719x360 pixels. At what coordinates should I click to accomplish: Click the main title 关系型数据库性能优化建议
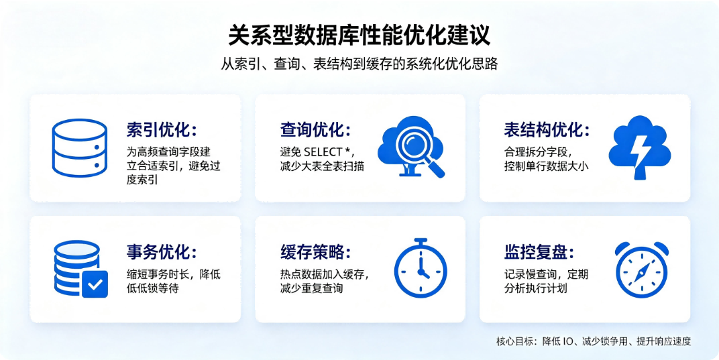click(359, 35)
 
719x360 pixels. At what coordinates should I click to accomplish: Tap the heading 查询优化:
click(315, 130)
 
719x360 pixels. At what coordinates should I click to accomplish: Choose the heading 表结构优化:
click(546, 130)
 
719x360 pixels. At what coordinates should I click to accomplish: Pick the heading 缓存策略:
click(315, 252)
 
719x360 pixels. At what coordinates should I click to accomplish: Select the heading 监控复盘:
click(539, 252)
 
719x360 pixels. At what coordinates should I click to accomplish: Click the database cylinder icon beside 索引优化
click(79, 147)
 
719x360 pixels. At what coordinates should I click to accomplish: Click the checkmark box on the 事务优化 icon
click(95, 284)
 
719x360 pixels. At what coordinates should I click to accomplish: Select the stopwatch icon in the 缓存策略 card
click(421, 268)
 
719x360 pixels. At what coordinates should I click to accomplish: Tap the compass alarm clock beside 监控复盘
click(641, 270)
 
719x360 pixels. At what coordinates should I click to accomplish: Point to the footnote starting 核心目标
click(594, 341)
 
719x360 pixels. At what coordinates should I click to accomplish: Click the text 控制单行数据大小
click(546, 166)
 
